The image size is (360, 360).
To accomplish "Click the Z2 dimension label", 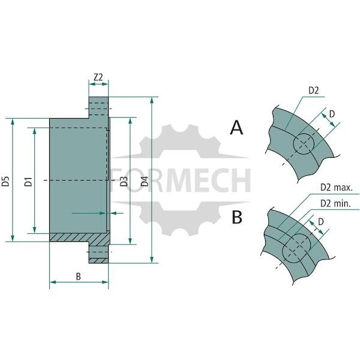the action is pyautogui.click(x=98, y=77).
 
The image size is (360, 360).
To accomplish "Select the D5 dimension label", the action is pyautogui.click(x=5, y=181).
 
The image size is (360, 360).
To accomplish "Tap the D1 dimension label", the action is pyautogui.click(x=28, y=181).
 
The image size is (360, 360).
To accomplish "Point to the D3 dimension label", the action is pyautogui.click(x=124, y=181).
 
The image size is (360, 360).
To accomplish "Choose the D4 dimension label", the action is pyautogui.click(x=145, y=181).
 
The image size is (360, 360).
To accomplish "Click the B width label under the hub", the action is pyautogui.click(x=78, y=277).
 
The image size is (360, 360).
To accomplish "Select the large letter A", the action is pyautogui.click(x=236, y=128).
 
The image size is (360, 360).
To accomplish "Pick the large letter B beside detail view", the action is pyautogui.click(x=237, y=217).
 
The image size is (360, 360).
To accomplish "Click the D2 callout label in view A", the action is pyautogui.click(x=314, y=91).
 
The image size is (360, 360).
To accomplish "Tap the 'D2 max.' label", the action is pyautogui.click(x=336, y=188).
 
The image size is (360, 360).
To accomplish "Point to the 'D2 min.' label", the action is pyautogui.click(x=335, y=203).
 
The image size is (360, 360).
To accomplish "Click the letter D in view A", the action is pyautogui.click(x=332, y=114).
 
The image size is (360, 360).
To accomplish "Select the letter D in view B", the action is pyautogui.click(x=321, y=221).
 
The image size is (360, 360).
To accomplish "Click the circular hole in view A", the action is pyautogui.click(x=304, y=144).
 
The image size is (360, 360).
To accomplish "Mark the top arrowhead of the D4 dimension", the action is pyautogui.click(x=152, y=100).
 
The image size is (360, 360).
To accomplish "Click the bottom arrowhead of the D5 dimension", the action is pyautogui.click(x=13, y=238).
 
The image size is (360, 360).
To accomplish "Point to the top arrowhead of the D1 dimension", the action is pyautogui.click(x=35, y=131).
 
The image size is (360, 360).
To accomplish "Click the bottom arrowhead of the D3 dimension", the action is pyautogui.click(x=130, y=241).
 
